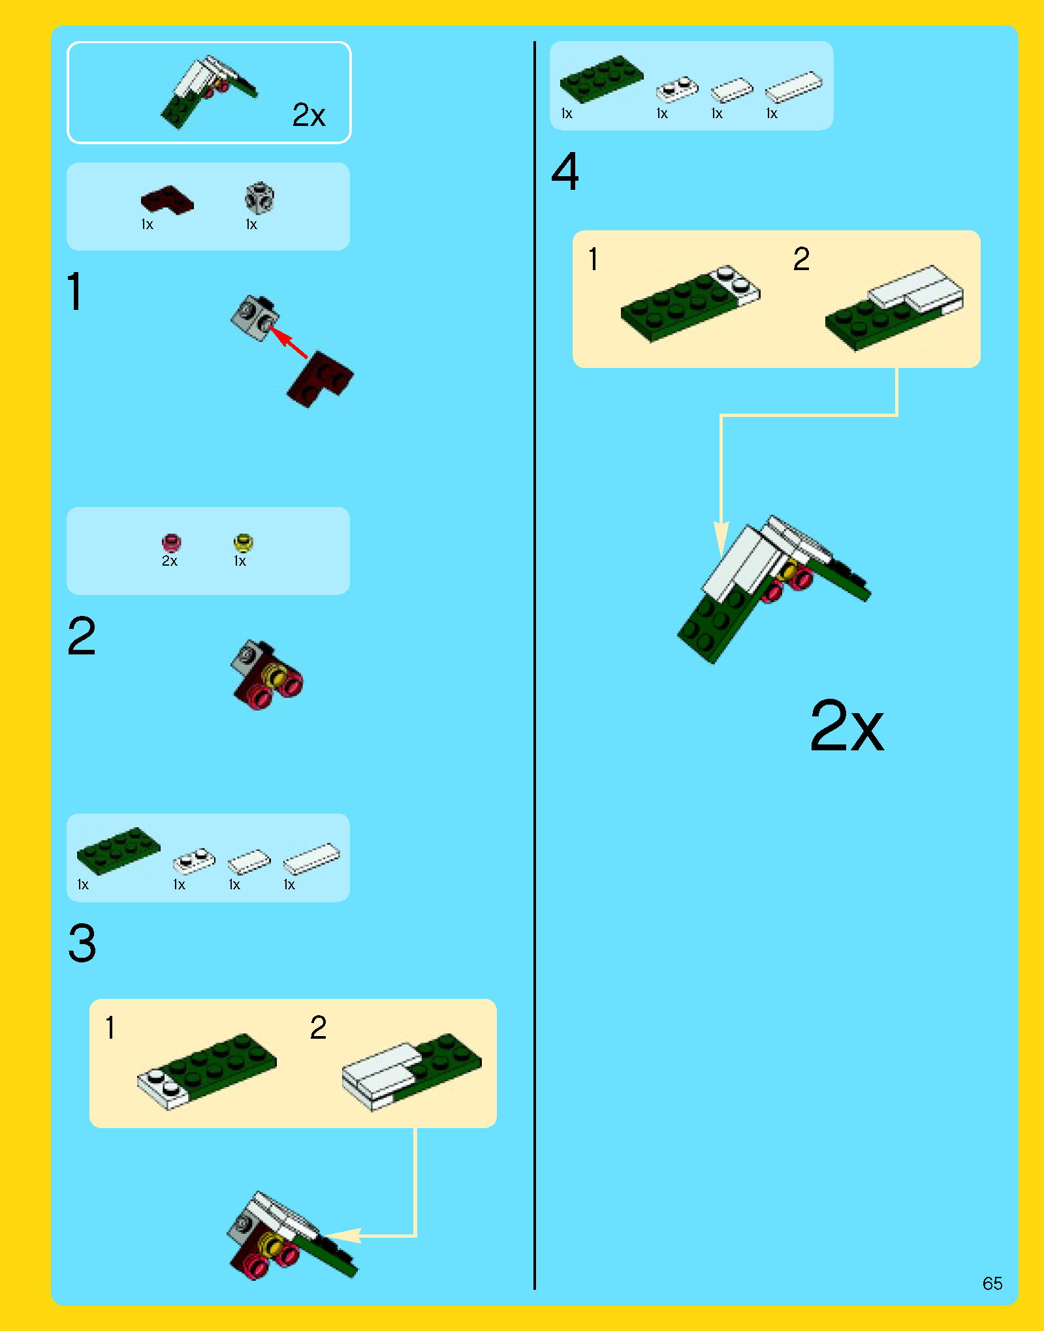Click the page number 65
[x=992, y=1283]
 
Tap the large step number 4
[x=565, y=172]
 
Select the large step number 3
[x=82, y=943]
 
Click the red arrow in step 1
[x=289, y=343]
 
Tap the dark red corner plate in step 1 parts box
[x=167, y=200]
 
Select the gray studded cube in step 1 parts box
[x=259, y=198]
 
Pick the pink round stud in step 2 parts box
[x=171, y=542]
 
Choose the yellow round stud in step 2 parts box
[x=243, y=542]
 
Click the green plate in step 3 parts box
[x=118, y=850]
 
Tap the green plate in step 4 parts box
[x=601, y=79]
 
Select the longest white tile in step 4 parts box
[x=793, y=87]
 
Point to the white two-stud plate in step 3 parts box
[x=194, y=861]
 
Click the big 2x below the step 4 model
[x=847, y=726]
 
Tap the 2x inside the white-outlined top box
[x=309, y=115]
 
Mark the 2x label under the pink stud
[x=170, y=561]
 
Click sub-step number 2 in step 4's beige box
[x=802, y=259]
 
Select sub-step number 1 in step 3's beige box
[x=110, y=1028]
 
